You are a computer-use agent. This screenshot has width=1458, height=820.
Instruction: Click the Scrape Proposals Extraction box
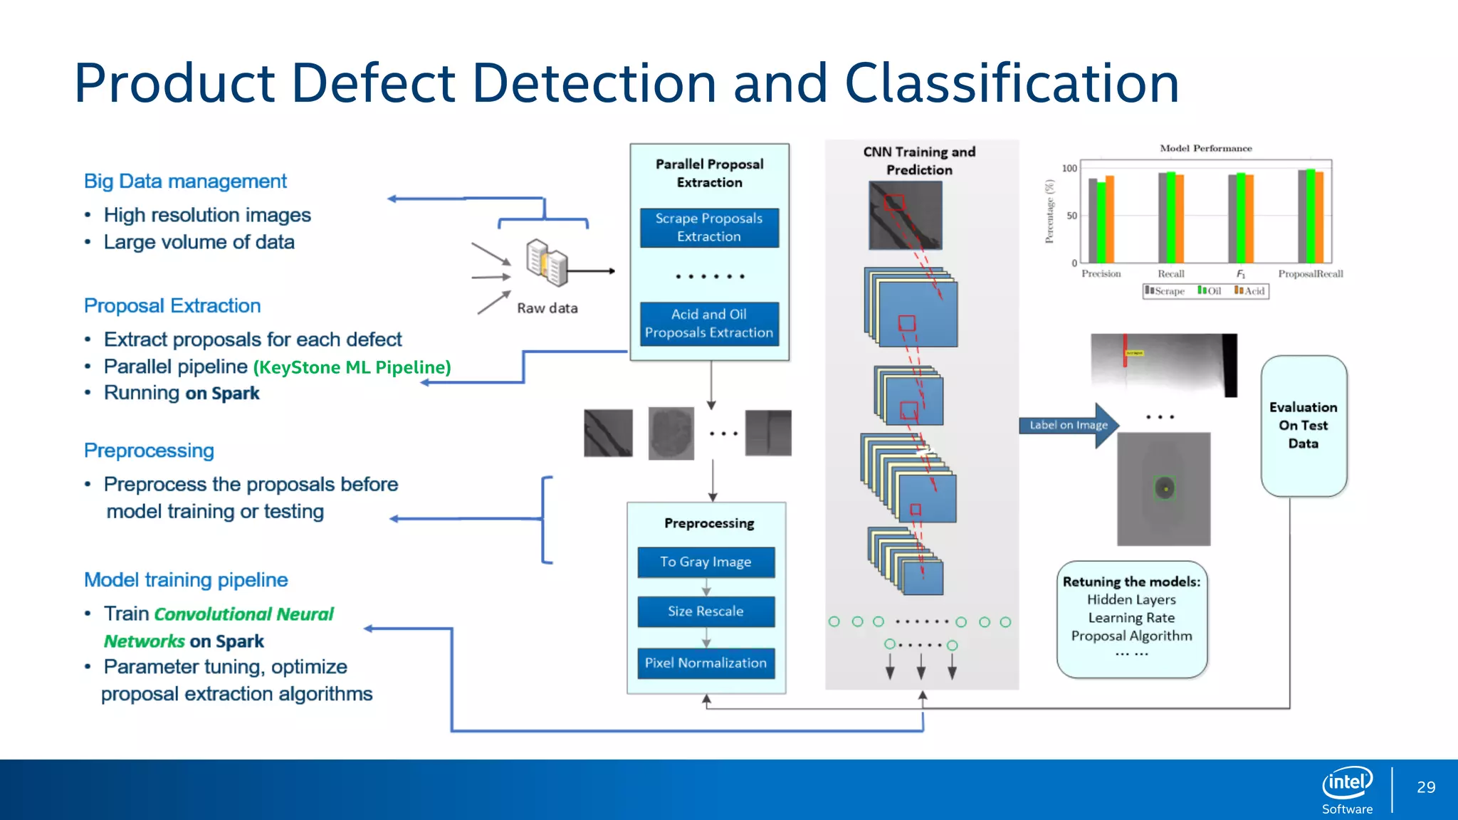[709, 228]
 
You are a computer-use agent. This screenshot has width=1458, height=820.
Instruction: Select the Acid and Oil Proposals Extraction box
[709, 324]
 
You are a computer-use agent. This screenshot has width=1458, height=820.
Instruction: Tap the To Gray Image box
[706, 562]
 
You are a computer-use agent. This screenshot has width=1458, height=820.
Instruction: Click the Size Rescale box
[706, 611]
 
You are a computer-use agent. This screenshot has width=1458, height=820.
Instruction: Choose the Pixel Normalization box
[706, 663]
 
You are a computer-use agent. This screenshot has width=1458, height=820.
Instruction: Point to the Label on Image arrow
[1069, 425]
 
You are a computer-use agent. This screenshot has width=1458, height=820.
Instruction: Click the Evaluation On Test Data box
[1304, 426]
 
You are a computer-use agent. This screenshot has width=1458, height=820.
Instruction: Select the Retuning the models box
[1131, 618]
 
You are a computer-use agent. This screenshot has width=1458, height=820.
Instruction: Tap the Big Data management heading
[185, 182]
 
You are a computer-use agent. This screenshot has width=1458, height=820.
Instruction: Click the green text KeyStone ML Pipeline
[352, 367]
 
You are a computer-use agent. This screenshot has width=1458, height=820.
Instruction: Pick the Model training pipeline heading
[186, 580]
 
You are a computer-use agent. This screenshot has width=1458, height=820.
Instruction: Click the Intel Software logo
[1347, 789]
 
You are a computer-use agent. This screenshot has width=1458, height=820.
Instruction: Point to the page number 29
[1426, 787]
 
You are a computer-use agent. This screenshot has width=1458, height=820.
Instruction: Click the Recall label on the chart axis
[1170, 274]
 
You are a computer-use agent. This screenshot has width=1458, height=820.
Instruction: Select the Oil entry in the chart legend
[1210, 290]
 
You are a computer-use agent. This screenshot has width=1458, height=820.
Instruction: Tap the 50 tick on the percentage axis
[1071, 216]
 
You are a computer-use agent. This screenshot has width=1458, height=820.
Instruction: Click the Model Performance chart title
[1205, 148]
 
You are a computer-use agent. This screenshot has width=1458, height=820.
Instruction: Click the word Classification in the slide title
[1012, 83]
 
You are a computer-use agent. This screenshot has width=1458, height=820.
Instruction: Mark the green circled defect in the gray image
[1164, 488]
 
